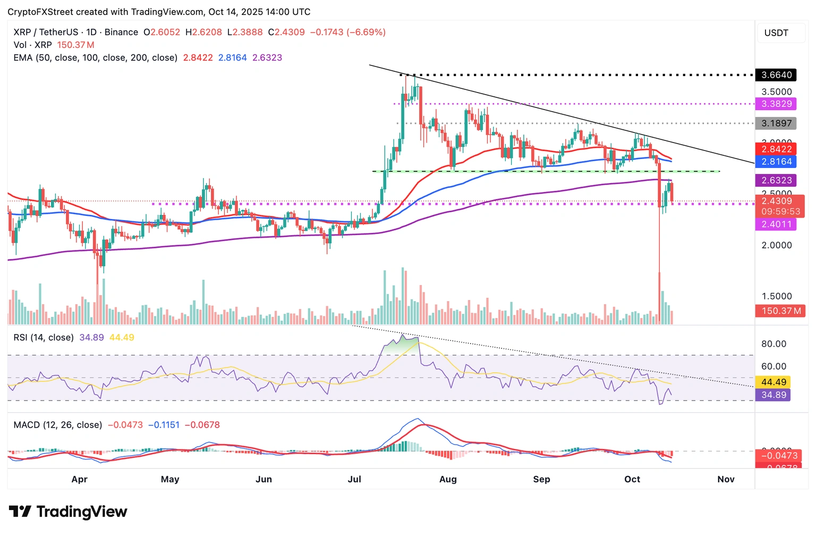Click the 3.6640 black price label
point(776,75)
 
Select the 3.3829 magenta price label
point(776,104)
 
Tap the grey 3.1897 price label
point(776,123)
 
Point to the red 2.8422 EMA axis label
point(776,149)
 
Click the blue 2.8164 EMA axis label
point(776,162)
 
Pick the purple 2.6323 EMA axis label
point(776,180)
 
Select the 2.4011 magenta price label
point(776,224)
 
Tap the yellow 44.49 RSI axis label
point(773,382)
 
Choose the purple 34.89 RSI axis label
point(773,395)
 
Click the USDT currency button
point(776,33)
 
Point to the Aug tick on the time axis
point(448,479)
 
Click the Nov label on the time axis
point(726,479)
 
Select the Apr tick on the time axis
point(79,479)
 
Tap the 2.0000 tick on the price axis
point(776,245)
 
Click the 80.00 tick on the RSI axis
point(773,344)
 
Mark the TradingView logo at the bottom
point(68,512)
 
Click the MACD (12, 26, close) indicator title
point(58,425)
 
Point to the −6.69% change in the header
point(366,32)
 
